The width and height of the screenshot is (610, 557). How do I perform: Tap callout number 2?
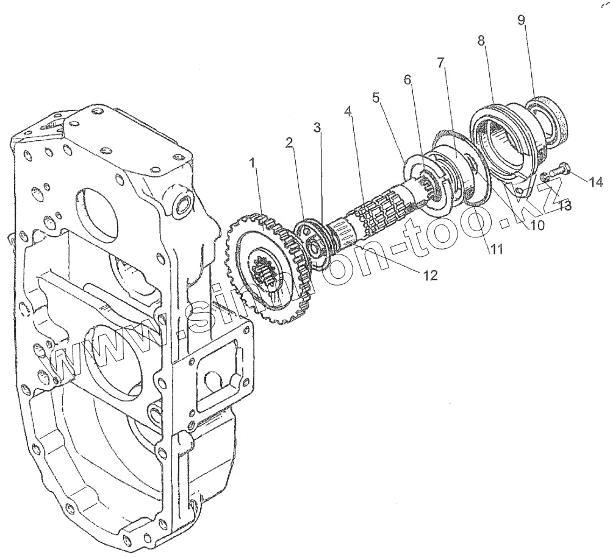point(289,143)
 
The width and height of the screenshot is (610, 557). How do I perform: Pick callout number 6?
point(407,79)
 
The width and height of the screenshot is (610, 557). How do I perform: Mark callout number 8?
point(481,41)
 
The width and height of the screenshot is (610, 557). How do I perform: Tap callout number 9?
point(521,20)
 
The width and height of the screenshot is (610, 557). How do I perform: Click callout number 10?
point(537,225)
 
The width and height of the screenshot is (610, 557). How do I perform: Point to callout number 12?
point(430,276)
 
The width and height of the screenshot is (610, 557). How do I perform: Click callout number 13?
point(565,206)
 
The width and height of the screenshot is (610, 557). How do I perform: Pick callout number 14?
point(595,181)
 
